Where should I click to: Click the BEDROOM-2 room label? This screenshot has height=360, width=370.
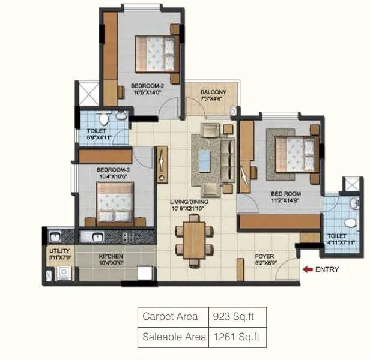(147, 86)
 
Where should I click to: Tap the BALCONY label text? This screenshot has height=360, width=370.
(213, 92)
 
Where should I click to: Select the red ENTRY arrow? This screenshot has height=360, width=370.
(307, 269)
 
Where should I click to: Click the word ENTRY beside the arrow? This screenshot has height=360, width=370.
(327, 269)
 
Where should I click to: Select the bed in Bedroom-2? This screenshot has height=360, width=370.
(156, 52)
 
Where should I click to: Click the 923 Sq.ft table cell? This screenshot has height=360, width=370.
(235, 316)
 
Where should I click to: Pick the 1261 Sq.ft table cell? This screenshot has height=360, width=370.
(235, 337)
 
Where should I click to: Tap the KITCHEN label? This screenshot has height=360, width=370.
(111, 256)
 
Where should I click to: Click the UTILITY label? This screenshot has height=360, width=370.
(59, 250)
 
